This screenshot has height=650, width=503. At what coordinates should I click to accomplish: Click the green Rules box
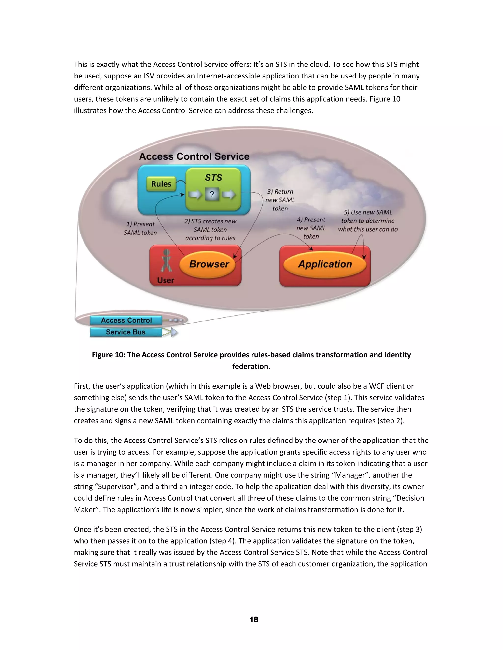[161, 184]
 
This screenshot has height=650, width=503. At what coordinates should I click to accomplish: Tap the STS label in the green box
[213, 178]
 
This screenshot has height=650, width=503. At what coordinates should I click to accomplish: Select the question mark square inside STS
[212, 194]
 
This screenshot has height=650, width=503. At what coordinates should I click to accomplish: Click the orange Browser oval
[209, 264]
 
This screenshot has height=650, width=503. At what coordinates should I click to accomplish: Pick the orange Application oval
[325, 264]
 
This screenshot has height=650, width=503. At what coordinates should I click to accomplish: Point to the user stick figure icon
[166, 261]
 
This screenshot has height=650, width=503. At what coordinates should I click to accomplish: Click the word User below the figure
[166, 280]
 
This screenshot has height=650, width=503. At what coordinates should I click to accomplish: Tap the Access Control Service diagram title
[194, 156]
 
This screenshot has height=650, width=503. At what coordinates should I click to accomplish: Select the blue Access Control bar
[126, 320]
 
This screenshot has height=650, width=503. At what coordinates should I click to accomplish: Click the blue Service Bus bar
[126, 332]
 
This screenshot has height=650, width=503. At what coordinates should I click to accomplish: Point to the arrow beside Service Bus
[173, 332]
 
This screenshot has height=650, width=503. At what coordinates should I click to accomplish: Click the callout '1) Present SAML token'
[140, 228]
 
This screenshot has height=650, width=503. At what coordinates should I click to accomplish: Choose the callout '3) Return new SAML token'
[280, 200]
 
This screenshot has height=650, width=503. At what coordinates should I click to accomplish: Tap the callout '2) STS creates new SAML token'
[210, 230]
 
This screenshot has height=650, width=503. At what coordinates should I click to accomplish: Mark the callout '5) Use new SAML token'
[368, 221]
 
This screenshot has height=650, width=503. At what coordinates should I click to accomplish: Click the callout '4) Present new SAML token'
[311, 228]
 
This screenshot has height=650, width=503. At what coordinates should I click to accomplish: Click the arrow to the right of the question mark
[229, 195]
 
